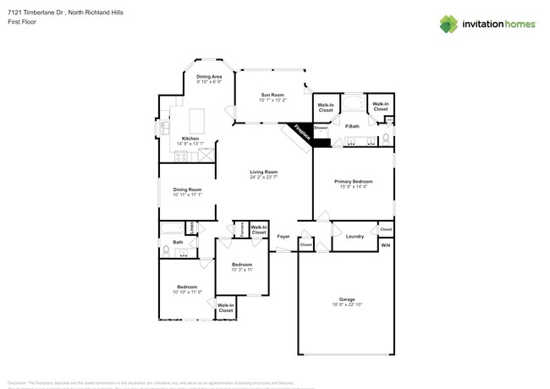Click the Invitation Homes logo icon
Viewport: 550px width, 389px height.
tap(448, 24)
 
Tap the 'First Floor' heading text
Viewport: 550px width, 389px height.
tap(18, 21)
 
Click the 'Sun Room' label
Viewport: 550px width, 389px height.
tap(271, 95)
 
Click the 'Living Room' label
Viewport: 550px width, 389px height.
tap(263, 172)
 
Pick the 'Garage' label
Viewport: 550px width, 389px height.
tap(347, 299)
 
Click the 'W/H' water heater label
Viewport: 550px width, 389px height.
tap(386, 245)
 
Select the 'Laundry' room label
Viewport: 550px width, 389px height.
tap(354, 236)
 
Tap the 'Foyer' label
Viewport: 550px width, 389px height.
tap(283, 236)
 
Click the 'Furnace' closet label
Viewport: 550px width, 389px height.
tap(241, 228)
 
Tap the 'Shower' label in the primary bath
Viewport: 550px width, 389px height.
tap(321, 128)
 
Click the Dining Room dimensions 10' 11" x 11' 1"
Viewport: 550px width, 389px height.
tap(187, 194)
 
